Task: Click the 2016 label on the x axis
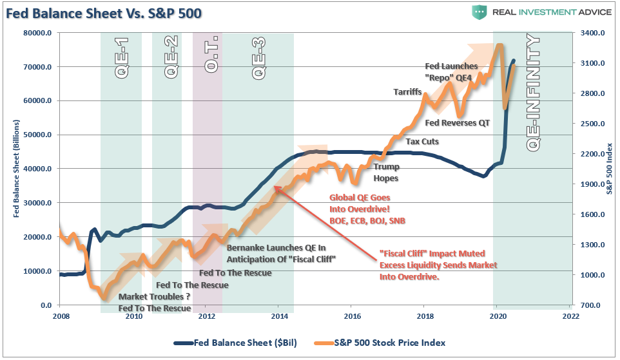pos(351,316)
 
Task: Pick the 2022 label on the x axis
pos(570,316)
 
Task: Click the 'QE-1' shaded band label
pos(122,58)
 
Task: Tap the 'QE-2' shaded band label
pos(171,58)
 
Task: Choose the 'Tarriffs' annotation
pos(407,92)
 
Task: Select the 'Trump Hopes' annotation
pos(386,172)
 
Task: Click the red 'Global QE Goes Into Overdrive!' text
pos(360,204)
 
